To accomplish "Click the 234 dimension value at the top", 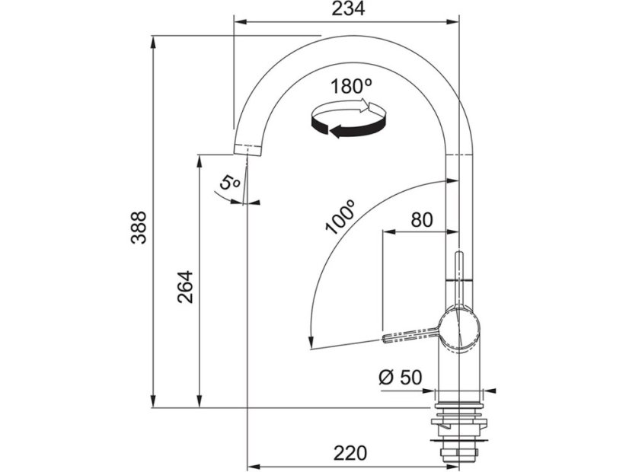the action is (348, 9).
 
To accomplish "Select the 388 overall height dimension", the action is (139, 228).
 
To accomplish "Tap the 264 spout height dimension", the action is (185, 287).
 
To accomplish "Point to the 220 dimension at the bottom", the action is (350, 453).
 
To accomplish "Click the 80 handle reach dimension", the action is (422, 220).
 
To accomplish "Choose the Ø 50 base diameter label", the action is (400, 378).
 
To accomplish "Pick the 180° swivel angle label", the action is (351, 86).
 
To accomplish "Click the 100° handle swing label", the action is (340, 216).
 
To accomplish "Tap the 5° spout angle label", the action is (229, 183).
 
